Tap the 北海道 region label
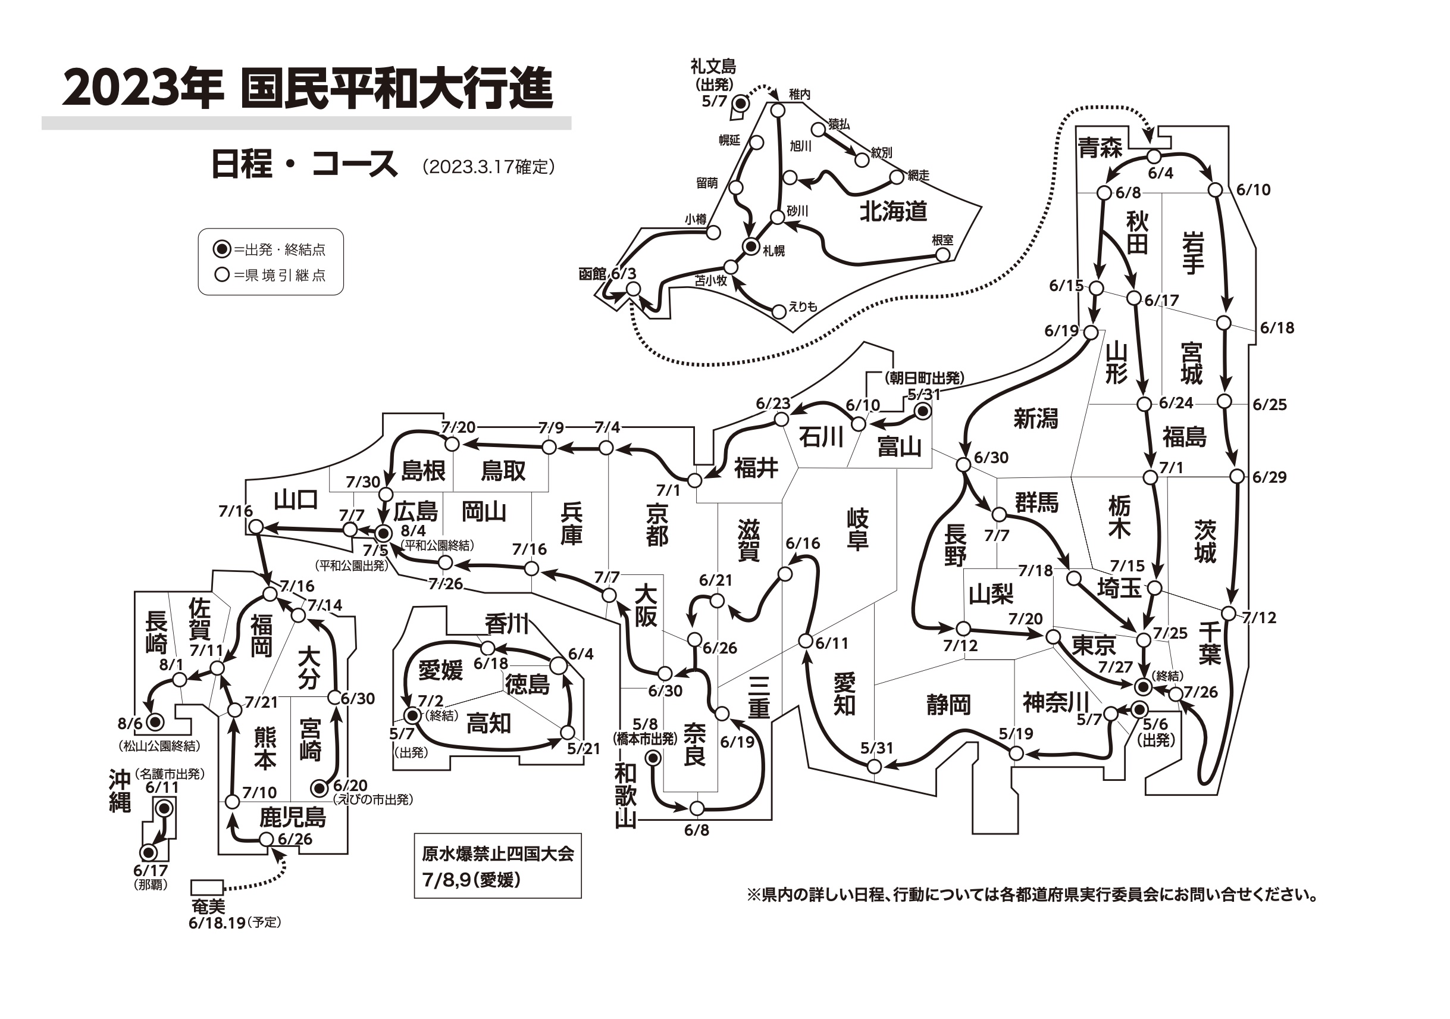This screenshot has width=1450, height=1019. [x=893, y=211]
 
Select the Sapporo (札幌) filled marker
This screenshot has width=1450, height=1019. [x=751, y=246]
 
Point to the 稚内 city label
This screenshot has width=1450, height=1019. [x=800, y=95]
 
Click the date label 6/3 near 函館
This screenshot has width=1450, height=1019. [x=624, y=274]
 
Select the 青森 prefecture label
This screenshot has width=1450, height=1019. [x=1100, y=148]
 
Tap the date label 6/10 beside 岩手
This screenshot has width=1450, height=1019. [x=1253, y=189]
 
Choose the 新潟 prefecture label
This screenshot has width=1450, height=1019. [x=1036, y=418]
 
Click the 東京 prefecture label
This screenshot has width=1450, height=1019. [x=1094, y=645]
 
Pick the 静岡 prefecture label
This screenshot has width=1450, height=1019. [x=948, y=704]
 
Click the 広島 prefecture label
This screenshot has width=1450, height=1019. [x=415, y=511]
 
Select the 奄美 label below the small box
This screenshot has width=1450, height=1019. [x=208, y=907]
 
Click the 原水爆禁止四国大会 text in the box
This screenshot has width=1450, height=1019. [x=497, y=854]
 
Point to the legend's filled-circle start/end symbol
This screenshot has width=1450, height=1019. [x=222, y=249]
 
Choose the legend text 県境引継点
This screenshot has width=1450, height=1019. [x=286, y=276]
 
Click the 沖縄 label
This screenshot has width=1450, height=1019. [x=120, y=792]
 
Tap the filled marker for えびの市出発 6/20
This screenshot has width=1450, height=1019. [x=320, y=788]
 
